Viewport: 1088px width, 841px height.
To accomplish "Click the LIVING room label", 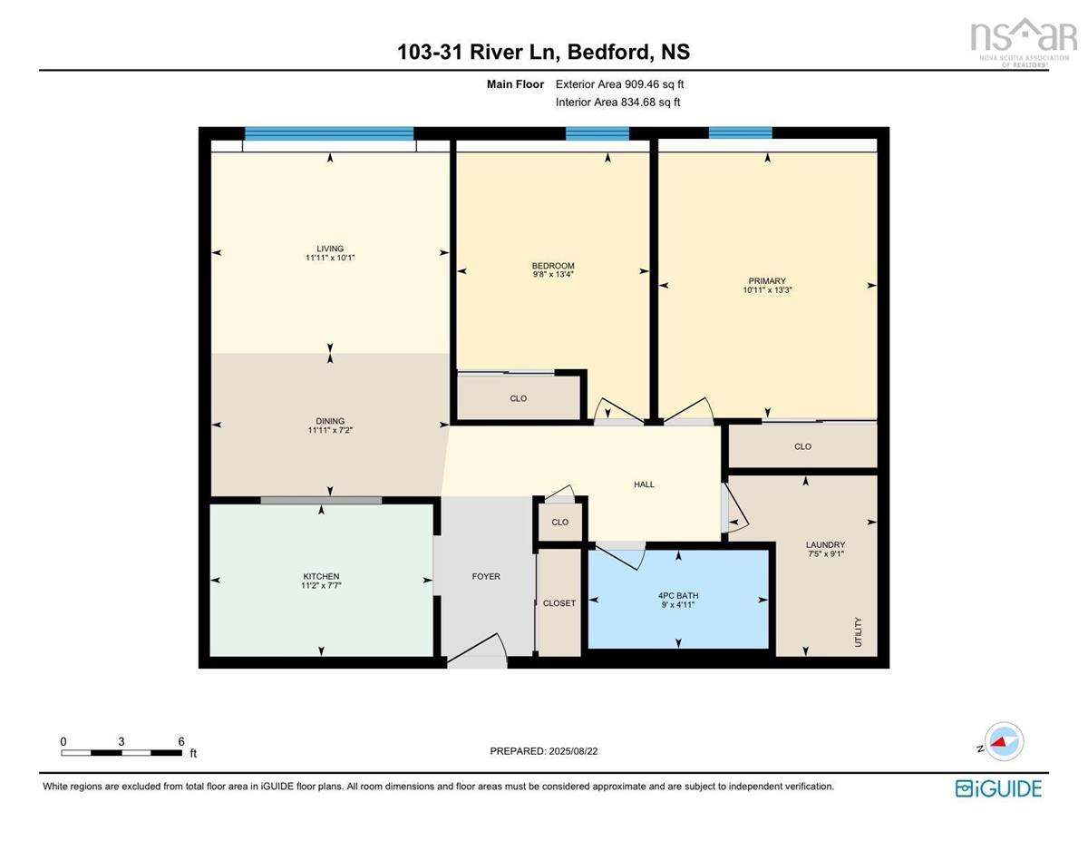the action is (329, 249).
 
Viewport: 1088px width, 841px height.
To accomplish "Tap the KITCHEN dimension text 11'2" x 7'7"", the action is (321, 585).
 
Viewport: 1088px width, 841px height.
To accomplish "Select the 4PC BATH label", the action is (678, 595).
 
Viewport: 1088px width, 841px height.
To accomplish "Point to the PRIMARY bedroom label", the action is (767, 281).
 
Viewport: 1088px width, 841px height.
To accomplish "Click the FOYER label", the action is (486, 576).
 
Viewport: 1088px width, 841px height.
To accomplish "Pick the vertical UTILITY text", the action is (859, 631).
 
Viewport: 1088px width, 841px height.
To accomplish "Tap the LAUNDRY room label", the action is (825, 544).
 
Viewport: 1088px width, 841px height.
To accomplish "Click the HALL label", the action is (644, 484).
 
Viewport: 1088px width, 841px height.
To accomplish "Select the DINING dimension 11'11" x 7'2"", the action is (330, 430).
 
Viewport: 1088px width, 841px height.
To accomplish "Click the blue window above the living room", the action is (329, 133).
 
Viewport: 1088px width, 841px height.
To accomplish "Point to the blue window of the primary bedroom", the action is (740, 133).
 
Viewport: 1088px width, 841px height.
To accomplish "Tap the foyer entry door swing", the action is (477, 650).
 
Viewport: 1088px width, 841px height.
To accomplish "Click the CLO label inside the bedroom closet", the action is (519, 398).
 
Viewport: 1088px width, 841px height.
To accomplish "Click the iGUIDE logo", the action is (998, 788).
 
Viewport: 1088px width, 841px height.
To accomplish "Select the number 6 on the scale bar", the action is (181, 741).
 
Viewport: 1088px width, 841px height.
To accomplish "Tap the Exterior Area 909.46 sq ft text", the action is (619, 84).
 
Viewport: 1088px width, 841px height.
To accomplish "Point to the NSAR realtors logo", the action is (1024, 44).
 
